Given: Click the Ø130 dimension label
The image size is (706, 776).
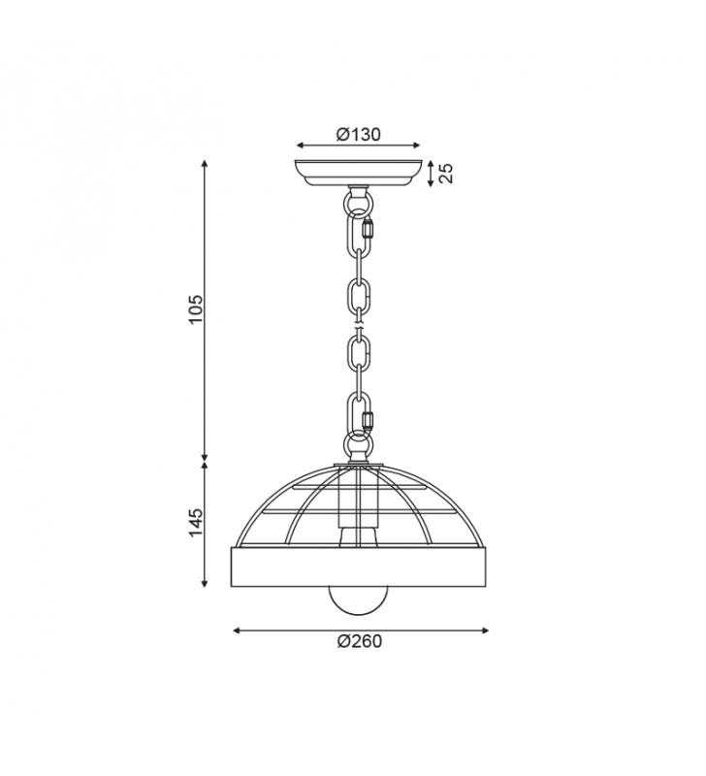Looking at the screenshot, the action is [x=359, y=134].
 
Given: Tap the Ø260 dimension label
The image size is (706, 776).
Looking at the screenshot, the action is [x=360, y=641].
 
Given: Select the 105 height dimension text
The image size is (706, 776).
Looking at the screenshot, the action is [x=196, y=309].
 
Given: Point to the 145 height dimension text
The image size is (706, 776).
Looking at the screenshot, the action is [x=196, y=522].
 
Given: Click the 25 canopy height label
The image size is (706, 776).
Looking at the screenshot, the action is [x=446, y=174].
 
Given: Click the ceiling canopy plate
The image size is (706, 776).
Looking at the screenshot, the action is [x=358, y=172].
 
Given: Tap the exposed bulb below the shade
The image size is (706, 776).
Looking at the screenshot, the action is [x=359, y=600].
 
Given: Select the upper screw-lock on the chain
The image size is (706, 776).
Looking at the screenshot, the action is [x=368, y=229].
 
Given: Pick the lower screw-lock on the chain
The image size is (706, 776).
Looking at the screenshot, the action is [x=368, y=421].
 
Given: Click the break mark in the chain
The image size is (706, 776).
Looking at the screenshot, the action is [x=360, y=327].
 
